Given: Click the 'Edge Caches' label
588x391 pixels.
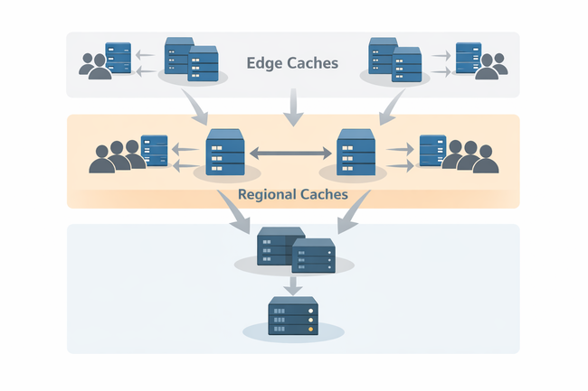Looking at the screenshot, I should (292, 63).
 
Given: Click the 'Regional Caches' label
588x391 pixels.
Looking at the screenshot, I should (292, 194).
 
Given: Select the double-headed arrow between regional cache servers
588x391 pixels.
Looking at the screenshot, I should (292, 152).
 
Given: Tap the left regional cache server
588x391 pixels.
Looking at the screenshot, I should (226, 153).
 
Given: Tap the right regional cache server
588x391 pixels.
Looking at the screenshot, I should (356, 153).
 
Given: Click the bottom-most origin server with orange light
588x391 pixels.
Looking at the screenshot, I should (293, 317).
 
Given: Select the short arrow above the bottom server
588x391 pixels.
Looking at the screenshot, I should (293, 285).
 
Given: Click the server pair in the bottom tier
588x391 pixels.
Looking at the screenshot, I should (295, 248).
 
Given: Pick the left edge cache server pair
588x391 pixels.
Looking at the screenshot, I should (192, 61).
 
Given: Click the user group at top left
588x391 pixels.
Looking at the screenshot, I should (95, 66).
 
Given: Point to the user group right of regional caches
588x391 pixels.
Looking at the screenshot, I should (469, 156).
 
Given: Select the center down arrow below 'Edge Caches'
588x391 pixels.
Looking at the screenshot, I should (292, 108).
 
